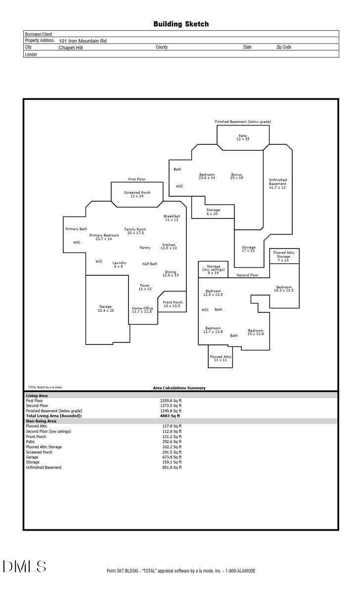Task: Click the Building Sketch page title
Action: tap(181, 24)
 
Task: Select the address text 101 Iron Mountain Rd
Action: tap(83, 41)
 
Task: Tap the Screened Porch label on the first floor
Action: tap(137, 194)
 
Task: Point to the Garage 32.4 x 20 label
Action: tap(106, 308)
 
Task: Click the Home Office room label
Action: tap(142, 310)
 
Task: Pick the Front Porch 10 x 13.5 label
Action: tap(173, 304)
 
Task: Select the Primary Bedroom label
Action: tap(104, 237)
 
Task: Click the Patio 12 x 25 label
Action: tap(243, 137)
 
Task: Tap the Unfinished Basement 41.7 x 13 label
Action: tap(277, 183)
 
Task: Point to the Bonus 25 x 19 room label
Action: tap(236, 176)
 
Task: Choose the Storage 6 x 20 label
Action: tap(213, 212)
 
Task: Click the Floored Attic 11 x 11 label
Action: tap(221, 358)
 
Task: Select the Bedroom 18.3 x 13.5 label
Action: tap(284, 289)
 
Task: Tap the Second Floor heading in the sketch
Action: tap(247, 275)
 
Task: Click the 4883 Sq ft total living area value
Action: tap(170, 416)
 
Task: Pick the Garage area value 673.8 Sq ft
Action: tap(172, 457)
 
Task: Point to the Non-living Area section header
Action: tap(41, 421)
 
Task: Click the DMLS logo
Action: tap(24, 566)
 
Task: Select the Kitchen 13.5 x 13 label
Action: tap(169, 246)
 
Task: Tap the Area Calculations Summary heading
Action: tap(179, 388)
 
